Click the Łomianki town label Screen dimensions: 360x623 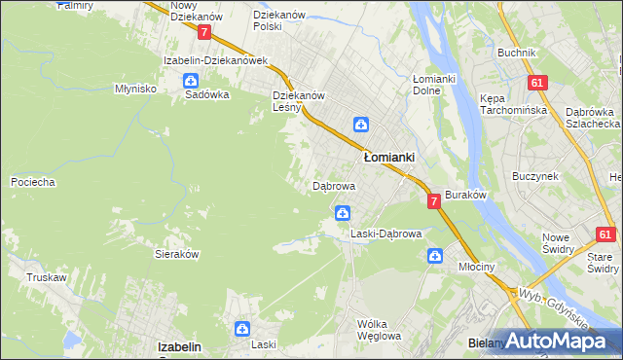coord(389,157)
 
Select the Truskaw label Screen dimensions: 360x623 coord(47,277)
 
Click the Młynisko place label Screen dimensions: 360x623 coord(136,89)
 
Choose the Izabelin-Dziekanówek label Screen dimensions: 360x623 coord(215,60)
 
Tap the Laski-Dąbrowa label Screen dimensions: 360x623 coord(385,234)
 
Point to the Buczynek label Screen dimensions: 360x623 coord(535,176)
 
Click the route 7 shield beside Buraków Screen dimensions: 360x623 coord(433,200)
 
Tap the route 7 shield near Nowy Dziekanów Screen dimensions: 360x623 coord(203,32)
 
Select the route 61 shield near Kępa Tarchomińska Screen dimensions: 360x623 coord(537,83)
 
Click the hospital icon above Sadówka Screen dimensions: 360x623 coord(191,81)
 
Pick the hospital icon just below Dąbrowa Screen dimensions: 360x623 coord(343,212)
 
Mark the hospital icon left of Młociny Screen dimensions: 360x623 coord(435,256)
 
